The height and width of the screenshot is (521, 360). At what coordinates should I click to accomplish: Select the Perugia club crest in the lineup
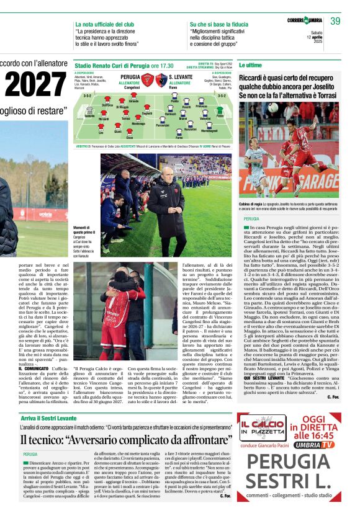[x=148, y=78]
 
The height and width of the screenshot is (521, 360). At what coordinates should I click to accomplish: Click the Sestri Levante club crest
[x=161, y=78]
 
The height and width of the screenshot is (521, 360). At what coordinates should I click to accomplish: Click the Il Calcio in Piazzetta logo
[x=261, y=427]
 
